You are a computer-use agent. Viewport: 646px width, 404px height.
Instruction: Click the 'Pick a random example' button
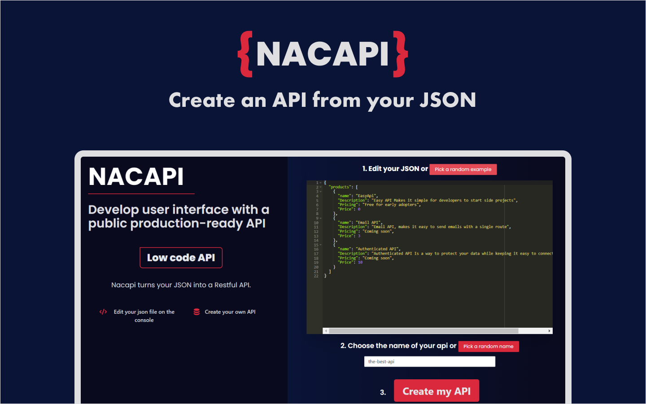pos(463,169)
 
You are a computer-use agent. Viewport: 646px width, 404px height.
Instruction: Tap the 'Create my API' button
pos(436,391)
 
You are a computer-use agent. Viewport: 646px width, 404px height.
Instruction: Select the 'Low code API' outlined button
pos(181,258)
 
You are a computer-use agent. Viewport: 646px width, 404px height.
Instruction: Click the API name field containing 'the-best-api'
pos(429,361)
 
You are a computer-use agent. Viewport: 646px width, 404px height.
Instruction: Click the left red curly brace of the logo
pos(245,54)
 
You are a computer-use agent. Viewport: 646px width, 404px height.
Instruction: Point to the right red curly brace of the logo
pos(401,54)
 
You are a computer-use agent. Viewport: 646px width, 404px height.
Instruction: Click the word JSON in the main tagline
pos(447,100)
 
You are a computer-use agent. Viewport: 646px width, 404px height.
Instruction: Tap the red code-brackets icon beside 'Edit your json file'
pos(103,312)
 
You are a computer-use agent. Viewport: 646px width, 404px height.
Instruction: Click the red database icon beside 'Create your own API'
pos(196,312)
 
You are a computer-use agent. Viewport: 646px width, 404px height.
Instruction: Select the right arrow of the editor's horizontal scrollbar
pos(549,331)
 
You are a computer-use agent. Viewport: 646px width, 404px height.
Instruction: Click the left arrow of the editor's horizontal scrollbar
pos(326,331)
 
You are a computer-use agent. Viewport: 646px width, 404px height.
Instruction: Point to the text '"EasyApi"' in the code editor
pos(367,196)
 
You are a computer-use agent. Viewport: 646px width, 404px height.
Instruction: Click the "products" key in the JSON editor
pos(340,187)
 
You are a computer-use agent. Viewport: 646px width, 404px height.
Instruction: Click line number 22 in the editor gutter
pos(316,276)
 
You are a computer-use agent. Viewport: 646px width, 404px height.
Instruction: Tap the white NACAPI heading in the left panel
pos(136,176)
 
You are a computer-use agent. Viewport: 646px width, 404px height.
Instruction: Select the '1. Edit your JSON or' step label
pos(395,169)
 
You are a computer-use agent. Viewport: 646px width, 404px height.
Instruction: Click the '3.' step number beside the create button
pos(383,392)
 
